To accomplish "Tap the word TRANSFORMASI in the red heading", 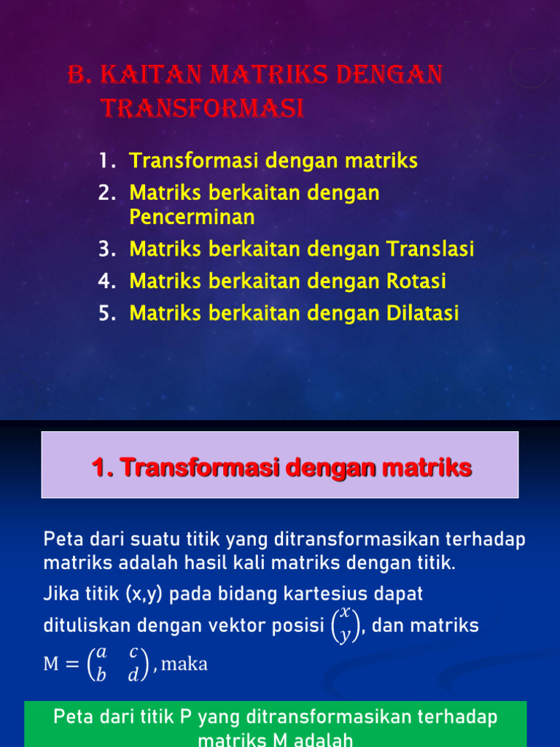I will [x=201, y=109].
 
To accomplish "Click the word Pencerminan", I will [x=192, y=217].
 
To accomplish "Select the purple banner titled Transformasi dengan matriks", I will [x=280, y=465].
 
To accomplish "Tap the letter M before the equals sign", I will [x=52, y=665].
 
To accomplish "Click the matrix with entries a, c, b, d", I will [x=117, y=665].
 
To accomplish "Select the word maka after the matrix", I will [x=184, y=665].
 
